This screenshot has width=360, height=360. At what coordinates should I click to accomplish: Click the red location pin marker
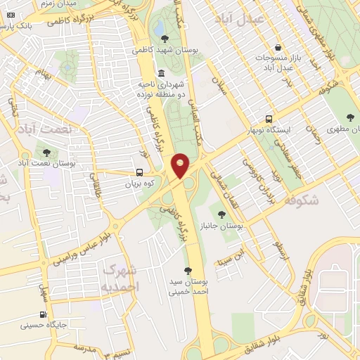[x=181, y=165]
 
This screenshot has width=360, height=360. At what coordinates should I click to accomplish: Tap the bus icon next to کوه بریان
[x=139, y=172]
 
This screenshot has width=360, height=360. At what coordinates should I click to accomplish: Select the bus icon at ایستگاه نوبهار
[x=269, y=119]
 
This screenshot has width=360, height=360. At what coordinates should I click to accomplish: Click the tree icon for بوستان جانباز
[x=221, y=214]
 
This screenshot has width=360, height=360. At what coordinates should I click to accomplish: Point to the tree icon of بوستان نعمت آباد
[x=47, y=152]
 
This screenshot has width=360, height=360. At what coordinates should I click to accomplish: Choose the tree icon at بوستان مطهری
[x=351, y=117]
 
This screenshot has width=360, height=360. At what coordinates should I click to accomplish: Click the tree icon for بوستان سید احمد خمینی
[x=187, y=271]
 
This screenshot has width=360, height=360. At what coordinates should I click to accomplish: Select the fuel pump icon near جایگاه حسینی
[x=44, y=314]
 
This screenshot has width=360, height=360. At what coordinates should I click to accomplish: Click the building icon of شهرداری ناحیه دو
[x=162, y=73]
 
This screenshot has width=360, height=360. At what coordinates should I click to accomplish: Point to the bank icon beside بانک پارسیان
[x=10, y=15]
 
